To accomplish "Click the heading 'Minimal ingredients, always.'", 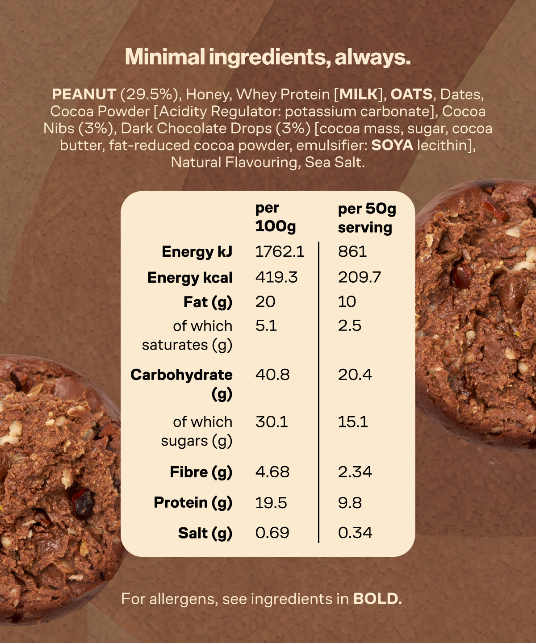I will point(268,58).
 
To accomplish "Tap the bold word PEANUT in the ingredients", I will point(84,94).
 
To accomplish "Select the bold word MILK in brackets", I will point(359,94).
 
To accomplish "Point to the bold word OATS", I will point(411,94).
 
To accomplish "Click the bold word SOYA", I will point(392,145).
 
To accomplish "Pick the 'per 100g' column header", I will point(275,217).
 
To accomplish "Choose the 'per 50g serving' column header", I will point(367,218).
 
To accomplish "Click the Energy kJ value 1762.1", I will point(280,251).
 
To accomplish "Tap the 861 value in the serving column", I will point(352,251).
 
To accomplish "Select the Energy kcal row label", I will point(190,278).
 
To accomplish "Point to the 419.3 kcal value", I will point(276,277).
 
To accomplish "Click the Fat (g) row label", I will point(208,302).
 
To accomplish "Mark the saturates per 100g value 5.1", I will point(266,326).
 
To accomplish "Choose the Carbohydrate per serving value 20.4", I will point(355,374).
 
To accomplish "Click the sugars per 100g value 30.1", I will point(272,422).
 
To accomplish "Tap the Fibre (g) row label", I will point(201,472).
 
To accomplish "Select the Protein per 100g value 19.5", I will point(271,503).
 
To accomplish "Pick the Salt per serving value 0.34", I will point(355,533).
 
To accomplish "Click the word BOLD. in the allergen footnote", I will point(377,599).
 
